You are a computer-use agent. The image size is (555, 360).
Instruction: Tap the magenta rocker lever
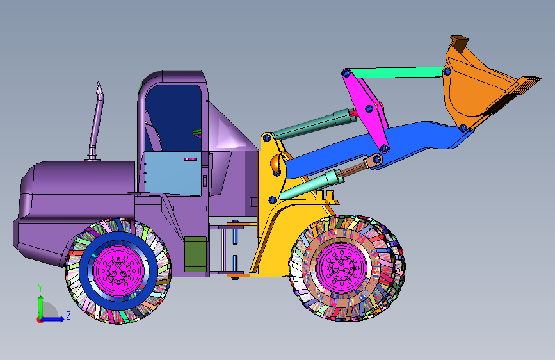point(367,108)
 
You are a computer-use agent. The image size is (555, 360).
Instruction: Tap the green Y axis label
point(40,288)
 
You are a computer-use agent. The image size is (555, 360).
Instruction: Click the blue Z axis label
point(68,315)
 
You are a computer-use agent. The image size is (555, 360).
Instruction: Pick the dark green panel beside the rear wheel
point(195,254)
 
